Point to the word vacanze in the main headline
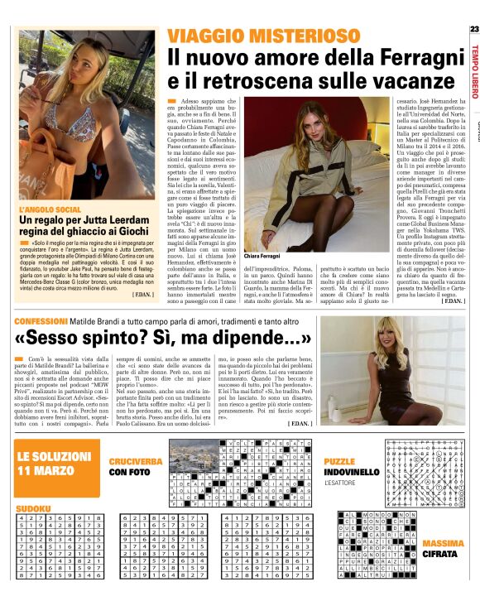point(408,80)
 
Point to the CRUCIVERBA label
point(135,459)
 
